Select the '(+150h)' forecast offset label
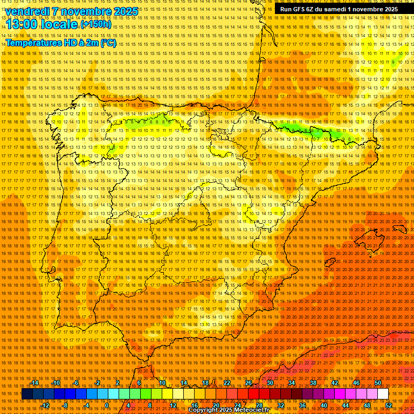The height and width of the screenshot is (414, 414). click(x=96, y=24)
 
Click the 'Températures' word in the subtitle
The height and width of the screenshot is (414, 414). click(x=32, y=43)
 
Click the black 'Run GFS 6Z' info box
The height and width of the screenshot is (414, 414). click(x=339, y=9)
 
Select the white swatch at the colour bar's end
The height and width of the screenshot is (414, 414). click(x=383, y=394)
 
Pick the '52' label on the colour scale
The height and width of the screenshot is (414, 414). click(x=389, y=405)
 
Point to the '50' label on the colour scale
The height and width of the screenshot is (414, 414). click(x=378, y=383)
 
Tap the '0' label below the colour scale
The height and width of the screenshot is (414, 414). click(x=107, y=405)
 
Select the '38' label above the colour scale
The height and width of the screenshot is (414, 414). click(x=313, y=383)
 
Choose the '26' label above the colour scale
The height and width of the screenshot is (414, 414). click(x=248, y=383)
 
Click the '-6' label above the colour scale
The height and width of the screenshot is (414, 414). click(x=76, y=383)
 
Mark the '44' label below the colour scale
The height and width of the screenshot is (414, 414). click(x=346, y=405)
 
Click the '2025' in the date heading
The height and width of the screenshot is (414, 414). click(x=125, y=11)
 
